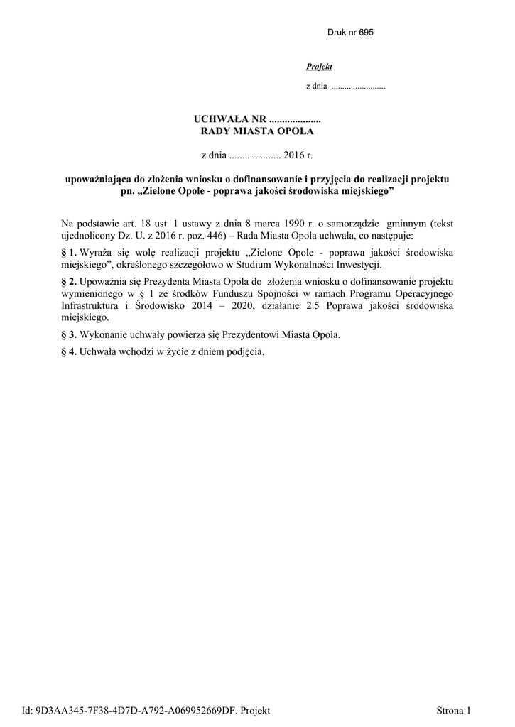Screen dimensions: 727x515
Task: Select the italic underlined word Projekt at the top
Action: tap(319, 67)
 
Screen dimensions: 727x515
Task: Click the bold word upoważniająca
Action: tap(99, 180)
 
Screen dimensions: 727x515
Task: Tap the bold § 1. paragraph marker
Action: tap(69, 253)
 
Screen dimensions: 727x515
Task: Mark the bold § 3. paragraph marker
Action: tap(69, 334)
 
